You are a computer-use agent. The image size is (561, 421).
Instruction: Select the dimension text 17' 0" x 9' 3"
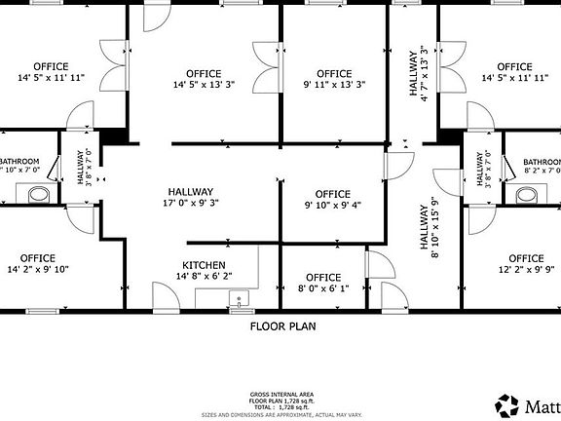(190, 204)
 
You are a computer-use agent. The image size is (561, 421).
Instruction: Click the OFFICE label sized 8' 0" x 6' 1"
(323, 278)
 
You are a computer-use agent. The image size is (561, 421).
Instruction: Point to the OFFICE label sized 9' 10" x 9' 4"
(333, 193)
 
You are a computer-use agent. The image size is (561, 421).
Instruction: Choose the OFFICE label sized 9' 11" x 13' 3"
(334, 74)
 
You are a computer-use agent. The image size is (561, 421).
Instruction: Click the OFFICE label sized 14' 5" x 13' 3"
(204, 74)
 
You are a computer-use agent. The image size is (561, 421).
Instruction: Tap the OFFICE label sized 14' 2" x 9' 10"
(38, 258)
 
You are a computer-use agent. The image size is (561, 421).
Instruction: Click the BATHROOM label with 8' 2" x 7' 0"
(542, 163)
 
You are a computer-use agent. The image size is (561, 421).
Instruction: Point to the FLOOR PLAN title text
(282, 326)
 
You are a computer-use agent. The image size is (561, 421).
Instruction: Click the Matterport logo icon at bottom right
(506, 404)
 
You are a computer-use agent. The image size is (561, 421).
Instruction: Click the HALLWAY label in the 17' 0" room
(190, 192)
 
